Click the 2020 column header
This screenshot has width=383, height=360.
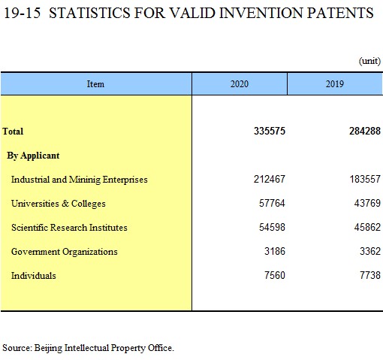(240, 84)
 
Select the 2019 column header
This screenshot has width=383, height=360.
(335, 84)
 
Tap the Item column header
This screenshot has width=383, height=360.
(95, 84)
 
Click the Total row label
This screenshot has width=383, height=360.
(13, 131)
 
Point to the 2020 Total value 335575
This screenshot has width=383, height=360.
(270, 131)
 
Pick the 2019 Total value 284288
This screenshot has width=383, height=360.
(365, 131)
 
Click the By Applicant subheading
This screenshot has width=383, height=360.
(33, 156)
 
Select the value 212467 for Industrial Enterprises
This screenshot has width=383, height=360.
(270, 179)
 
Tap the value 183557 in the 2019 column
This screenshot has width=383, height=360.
(365, 179)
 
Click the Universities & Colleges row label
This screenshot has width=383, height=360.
(59, 204)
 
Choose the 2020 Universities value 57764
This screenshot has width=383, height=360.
(272, 203)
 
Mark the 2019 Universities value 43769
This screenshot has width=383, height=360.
(367, 203)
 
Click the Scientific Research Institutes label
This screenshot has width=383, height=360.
(69, 228)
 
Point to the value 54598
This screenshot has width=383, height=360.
(272, 227)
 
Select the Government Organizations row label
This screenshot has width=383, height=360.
(65, 252)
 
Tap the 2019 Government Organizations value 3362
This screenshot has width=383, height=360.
(370, 251)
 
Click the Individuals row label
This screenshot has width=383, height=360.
(34, 276)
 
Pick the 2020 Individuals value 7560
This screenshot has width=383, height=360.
(275, 275)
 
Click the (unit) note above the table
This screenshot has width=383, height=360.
(369, 61)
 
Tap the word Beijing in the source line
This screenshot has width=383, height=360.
(48, 348)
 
